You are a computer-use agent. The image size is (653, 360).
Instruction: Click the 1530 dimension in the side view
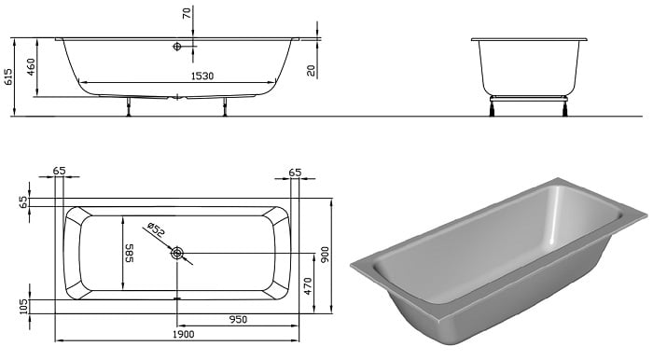point(202,76)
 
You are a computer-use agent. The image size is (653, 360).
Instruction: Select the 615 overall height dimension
point(7,77)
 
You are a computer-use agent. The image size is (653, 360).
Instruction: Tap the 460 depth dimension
point(31,67)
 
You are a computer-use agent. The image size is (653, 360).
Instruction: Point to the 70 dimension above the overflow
point(187,13)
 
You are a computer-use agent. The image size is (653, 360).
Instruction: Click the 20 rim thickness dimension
point(311,70)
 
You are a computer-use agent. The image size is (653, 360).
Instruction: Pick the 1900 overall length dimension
point(183,334)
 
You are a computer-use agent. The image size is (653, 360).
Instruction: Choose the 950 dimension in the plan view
point(238,320)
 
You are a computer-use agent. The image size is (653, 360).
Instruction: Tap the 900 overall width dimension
point(326,254)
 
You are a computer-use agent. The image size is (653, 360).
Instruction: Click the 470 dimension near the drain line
point(308,286)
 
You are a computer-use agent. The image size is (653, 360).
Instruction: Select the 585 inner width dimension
point(129,253)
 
